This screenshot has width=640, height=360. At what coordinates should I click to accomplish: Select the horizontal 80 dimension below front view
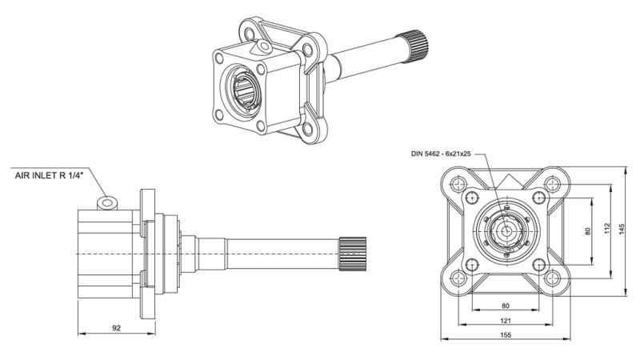coord(505,305)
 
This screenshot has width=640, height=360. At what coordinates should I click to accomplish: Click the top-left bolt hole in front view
coord(459,185)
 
